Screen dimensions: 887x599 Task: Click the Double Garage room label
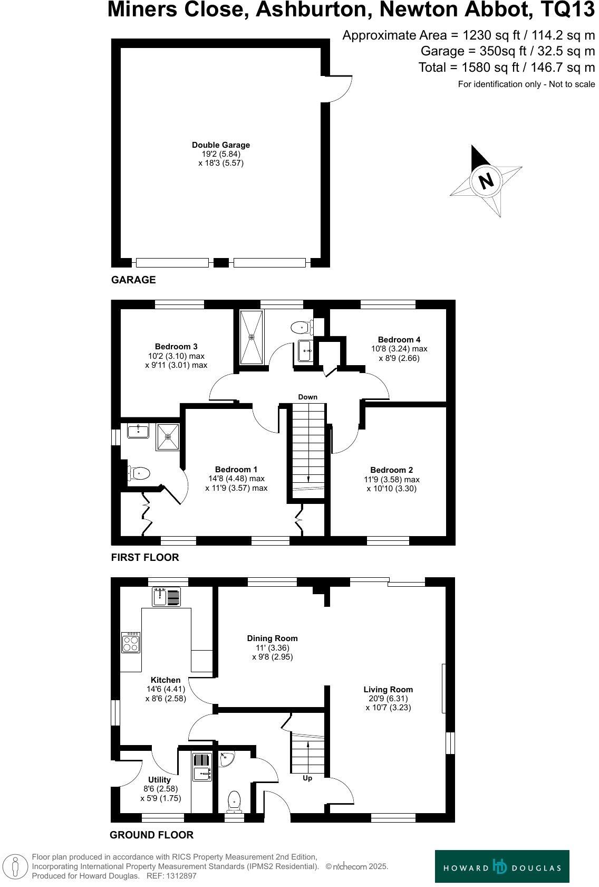220,145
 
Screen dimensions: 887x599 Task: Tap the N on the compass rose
486,180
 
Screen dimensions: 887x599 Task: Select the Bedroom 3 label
176,347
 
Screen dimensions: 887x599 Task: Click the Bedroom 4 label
399,340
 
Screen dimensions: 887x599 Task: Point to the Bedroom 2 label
392,470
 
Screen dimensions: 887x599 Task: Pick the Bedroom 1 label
236,470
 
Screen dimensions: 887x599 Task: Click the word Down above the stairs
308,397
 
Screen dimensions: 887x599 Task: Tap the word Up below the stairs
307,778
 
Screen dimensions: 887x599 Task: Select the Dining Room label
272,638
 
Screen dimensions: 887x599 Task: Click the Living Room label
388,689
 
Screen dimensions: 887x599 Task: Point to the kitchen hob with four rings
131,643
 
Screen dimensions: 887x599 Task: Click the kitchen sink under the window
167,596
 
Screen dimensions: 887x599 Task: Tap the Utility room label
159,780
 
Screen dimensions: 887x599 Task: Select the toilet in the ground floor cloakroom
234,802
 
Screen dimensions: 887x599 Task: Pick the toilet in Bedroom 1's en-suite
138,473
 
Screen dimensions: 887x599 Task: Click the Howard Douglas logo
501,866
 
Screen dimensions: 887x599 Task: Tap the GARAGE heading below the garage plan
133,280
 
